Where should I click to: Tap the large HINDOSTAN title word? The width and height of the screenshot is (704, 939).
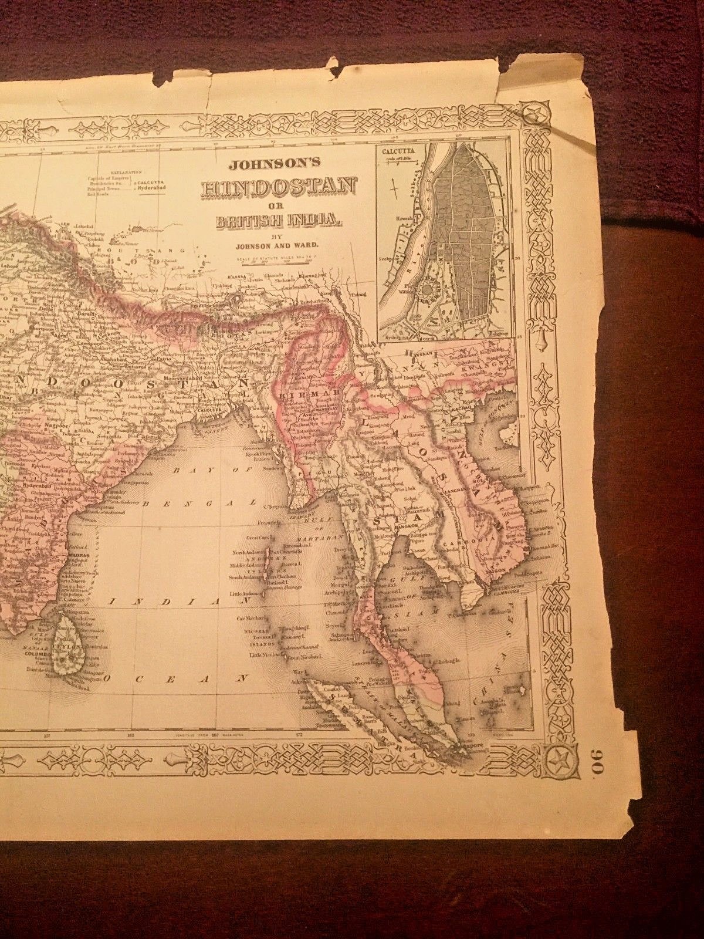click(x=279, y=188)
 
